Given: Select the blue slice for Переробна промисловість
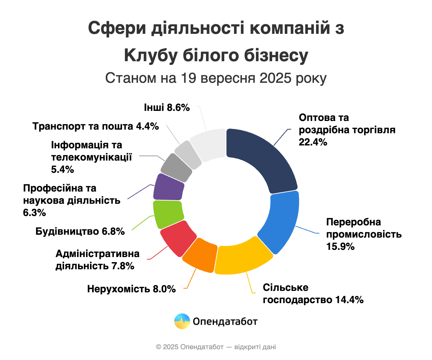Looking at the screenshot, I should tap(281, 223).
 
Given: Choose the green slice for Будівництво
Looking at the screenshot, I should tap(167, 214).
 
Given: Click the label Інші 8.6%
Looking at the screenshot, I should tap(167, 107).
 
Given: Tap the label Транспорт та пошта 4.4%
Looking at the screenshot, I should tap(95, 127).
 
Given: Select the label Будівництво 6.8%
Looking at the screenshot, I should tap(80, 231).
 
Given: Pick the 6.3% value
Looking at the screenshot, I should tap(34, 212).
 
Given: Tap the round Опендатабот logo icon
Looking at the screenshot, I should tap(182, 321).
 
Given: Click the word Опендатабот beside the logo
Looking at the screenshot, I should tap(225, 321).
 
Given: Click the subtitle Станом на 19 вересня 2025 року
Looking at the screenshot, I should tap(216, 78).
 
